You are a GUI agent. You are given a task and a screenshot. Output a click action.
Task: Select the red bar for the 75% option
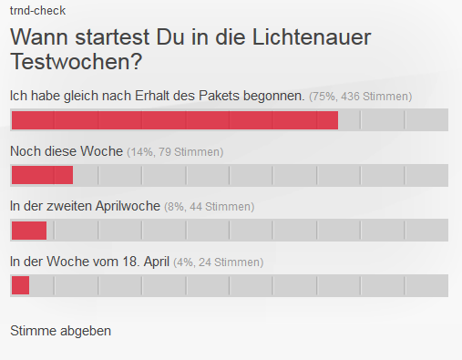(x=174, y=120)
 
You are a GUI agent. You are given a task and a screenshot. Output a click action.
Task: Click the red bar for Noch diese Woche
(x=41, y=175)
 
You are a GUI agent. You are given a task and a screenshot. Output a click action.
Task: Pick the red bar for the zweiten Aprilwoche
(x=28, y=230)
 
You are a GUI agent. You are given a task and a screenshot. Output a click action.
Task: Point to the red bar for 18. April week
(x=20, y=285)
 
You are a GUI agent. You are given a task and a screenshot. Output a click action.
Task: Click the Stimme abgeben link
(x=60, y=330)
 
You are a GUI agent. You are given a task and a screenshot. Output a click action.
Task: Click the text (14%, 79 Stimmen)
(x=175, y=152)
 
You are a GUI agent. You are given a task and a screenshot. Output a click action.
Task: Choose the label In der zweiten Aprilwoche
(x=85, y=207)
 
